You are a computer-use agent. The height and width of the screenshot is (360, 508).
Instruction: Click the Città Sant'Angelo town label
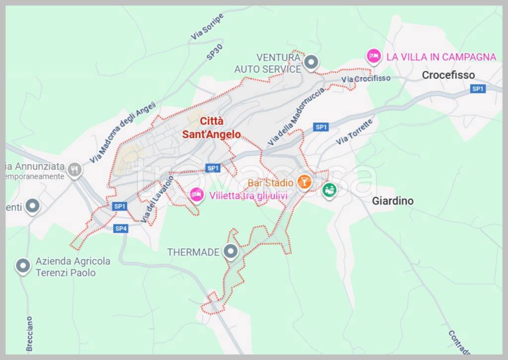coord(211,128)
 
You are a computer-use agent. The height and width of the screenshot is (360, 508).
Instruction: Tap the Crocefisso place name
coord(448,75)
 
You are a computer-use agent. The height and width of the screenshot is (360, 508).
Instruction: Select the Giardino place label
coord(392,201)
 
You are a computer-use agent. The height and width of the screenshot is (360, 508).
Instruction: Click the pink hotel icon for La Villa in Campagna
coord(374,56)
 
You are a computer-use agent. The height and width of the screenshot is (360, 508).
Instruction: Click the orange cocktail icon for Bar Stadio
coord(304,182)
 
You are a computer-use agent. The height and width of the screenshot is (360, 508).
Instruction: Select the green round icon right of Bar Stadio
coord(328,190)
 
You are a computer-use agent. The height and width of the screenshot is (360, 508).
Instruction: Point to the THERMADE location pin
coord(230,252)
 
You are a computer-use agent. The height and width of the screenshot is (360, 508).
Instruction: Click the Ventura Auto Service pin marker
coord(311,62)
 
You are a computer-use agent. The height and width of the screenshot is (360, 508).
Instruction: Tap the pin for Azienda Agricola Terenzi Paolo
coord(23,266)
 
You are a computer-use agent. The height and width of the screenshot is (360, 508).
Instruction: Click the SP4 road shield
coord(121,229)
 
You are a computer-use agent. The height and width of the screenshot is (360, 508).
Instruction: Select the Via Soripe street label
coord(207,27)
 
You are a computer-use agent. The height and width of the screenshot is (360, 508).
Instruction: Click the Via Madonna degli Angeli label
coord(123,132)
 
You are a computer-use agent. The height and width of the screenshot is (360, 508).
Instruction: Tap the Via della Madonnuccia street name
coord(296,117)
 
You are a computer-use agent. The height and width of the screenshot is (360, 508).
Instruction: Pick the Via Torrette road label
coord(354,132)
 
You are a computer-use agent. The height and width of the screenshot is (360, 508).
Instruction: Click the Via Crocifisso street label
coord(366,79)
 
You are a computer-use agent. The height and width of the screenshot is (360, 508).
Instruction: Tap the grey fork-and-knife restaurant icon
coord(75,171)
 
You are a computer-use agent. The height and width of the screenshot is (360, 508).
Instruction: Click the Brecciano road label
coord(29,333)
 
